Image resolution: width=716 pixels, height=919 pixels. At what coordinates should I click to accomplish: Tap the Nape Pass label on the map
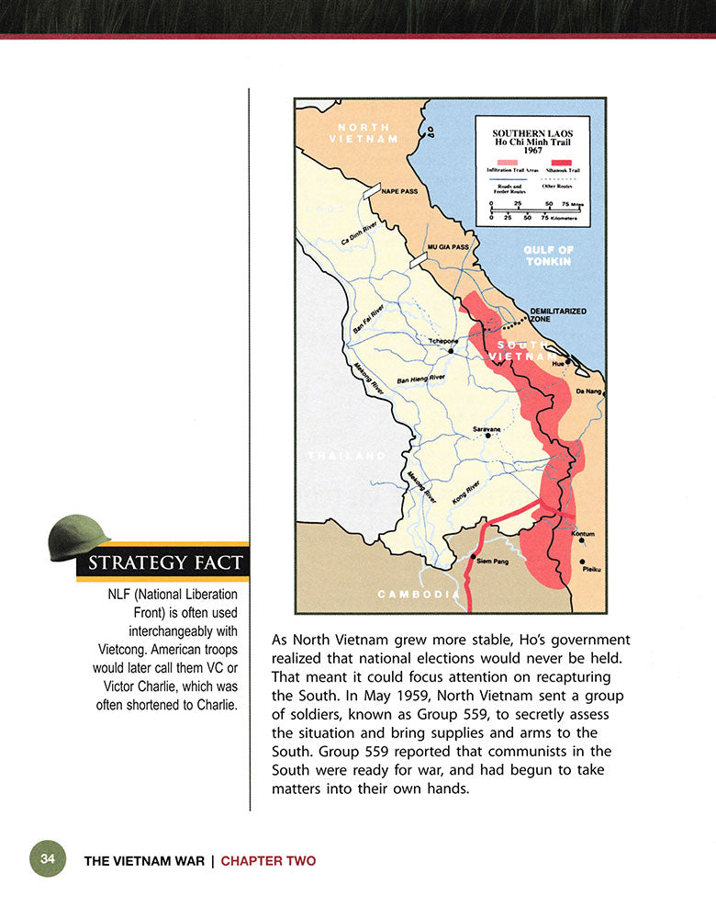pyautogui.click(x=399, y=192)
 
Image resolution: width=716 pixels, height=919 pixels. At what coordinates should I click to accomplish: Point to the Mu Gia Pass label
pyautogui.click(x=448, y=247)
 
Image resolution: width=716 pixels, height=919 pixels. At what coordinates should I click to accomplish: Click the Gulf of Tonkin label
pyautogui.click(x=548, y=255)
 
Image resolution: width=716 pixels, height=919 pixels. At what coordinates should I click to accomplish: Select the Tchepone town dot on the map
pyautogui.click(x=451, y=350)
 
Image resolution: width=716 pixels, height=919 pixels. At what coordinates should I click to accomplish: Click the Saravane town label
pyautogui.click(x=486, y=429)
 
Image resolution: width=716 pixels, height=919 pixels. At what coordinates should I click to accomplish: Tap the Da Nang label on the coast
pyautogui.click(x=587, y=391)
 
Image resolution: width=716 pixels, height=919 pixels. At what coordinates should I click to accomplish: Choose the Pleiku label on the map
pyautogui.click(x=592, y=570)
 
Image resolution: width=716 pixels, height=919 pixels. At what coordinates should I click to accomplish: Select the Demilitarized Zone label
pyautogui.click(x=557, y=314)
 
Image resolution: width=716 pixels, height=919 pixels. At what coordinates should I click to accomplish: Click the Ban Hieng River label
pyautogui.click(x=420, y=380)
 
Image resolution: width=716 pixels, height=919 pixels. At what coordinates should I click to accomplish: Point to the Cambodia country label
pyautogui.click(x=418, y=595)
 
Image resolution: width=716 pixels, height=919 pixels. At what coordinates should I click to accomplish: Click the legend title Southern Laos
pyautogui.click(x=531, y=133)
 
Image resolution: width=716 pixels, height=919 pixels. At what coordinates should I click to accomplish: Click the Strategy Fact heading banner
pyautogui.click(x=166, y=562)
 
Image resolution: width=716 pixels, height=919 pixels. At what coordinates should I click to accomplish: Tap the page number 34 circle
pyautogui.click(x=48, y=859)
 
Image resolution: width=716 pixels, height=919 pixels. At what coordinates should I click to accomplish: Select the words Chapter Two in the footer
pyautogui.click(x=268, y=861)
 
